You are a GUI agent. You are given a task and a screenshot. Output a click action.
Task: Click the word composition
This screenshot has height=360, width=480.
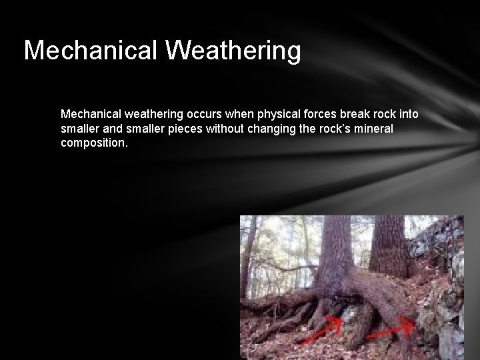tap(92, 143)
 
